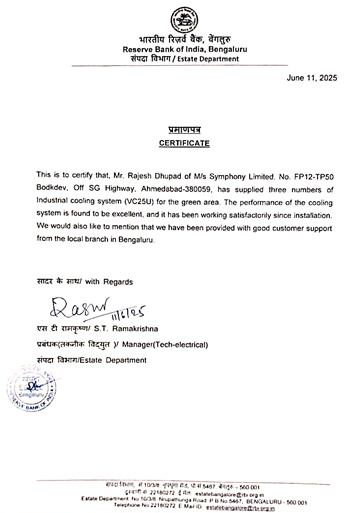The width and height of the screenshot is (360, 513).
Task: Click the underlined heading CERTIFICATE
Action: (x=180, y=143)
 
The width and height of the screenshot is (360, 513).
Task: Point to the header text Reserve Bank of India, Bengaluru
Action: (x=180, y=48)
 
